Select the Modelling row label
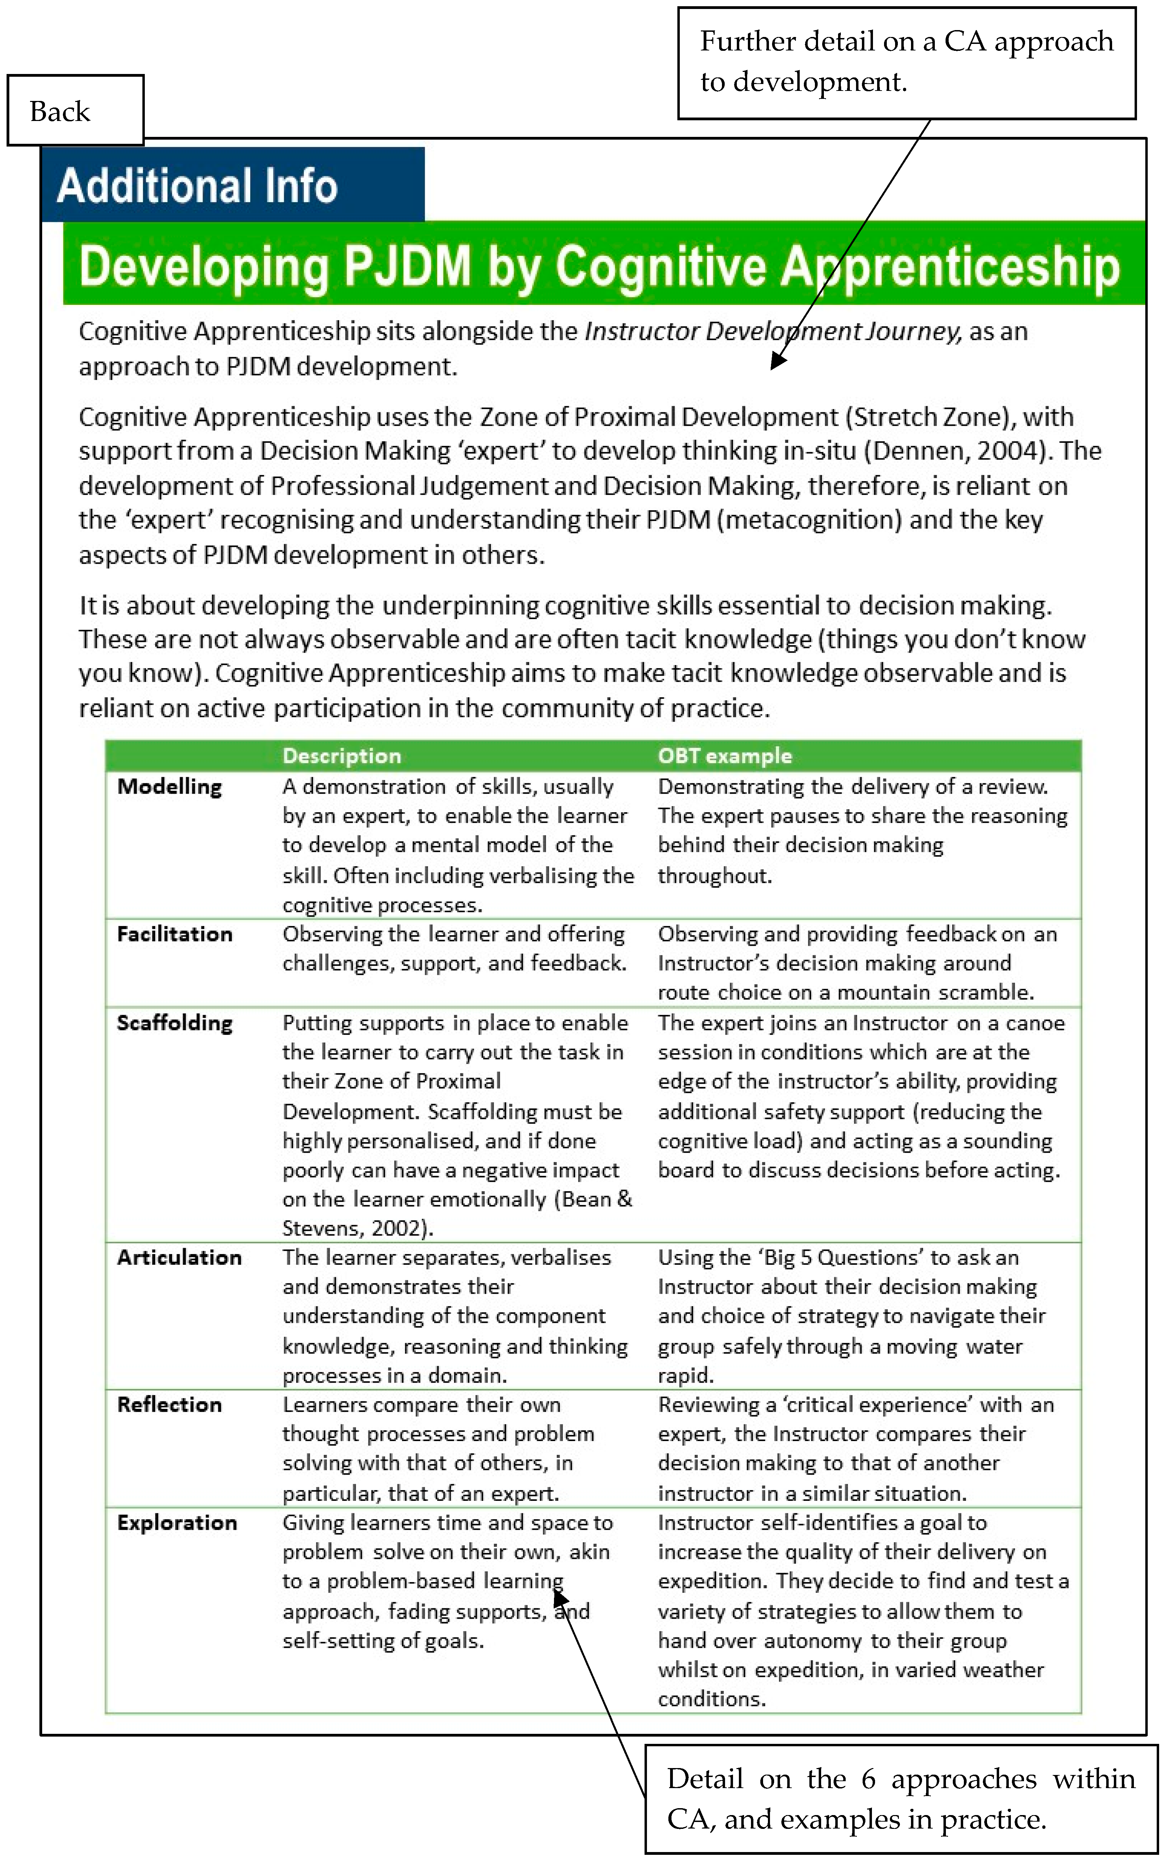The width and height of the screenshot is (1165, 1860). pos(169,787)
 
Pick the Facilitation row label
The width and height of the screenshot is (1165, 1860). pos(175,934)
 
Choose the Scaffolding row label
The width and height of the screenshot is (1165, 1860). pos(175,1023)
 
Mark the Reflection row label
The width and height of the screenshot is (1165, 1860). pos(169,1405)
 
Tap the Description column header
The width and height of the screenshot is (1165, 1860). pos(342,756)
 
